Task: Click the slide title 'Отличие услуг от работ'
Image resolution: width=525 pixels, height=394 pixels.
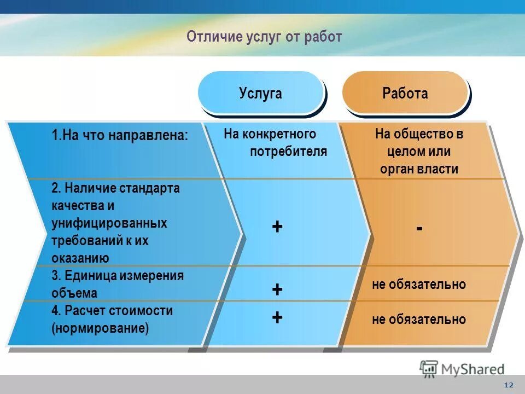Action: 264,37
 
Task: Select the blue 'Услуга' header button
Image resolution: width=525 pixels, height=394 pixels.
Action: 260,93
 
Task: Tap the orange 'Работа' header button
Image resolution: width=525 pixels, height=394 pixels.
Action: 405,93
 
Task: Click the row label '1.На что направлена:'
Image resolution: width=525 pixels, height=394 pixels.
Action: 120,135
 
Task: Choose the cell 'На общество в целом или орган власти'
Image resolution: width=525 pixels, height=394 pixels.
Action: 419,151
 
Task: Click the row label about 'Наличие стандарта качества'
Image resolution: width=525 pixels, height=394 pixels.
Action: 115,223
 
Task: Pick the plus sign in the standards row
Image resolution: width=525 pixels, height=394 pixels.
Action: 277,227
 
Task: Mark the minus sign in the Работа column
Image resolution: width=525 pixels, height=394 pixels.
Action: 419,228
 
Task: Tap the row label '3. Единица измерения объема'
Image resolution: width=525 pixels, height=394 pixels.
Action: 118,284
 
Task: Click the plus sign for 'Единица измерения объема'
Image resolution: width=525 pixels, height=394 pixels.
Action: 277,289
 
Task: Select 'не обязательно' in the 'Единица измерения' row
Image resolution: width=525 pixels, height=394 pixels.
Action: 419,285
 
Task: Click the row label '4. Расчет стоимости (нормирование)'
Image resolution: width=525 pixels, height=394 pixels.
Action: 112,320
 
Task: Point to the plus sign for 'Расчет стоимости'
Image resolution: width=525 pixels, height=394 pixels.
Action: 277,317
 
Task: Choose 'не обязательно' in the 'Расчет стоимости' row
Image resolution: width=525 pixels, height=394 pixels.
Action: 419,320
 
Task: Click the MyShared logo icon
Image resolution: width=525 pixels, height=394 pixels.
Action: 429,368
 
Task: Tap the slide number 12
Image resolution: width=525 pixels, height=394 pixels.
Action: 509,385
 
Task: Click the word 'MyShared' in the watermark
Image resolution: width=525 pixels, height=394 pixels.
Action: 473,369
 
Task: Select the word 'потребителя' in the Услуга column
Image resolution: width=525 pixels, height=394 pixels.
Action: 288,152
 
